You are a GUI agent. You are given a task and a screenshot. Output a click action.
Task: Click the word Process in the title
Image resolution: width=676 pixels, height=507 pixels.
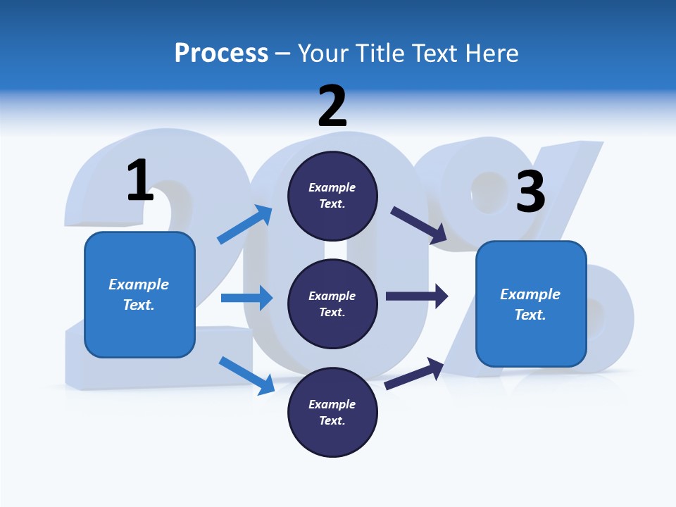[x=221, y=54]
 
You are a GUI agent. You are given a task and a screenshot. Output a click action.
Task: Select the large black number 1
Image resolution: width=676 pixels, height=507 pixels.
[x=140, y=180]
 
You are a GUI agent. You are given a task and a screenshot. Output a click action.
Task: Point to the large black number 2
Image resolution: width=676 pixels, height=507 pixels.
[x=332, y=106]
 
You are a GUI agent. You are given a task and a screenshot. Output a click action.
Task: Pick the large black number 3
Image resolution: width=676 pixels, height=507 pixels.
[x=530, y=192]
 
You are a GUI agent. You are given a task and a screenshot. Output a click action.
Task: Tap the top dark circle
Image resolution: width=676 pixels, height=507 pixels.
[x=332, y=196]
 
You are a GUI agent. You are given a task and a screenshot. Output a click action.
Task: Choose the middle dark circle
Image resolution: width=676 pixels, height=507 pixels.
[x=332, y=303]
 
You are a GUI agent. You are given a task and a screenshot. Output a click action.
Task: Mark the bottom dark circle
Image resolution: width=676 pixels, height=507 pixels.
[x=332, y=412]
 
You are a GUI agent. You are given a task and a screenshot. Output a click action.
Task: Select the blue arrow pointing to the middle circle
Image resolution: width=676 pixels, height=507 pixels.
[x=246, y=298]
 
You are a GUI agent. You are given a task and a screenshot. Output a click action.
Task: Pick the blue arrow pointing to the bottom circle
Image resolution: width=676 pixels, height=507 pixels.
[x=247, y=375]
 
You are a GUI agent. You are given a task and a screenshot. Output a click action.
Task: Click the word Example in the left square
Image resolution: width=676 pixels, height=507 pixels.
[x=139, y=284]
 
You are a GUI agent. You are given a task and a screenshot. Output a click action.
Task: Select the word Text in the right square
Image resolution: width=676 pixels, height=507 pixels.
[x=530, y=315]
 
